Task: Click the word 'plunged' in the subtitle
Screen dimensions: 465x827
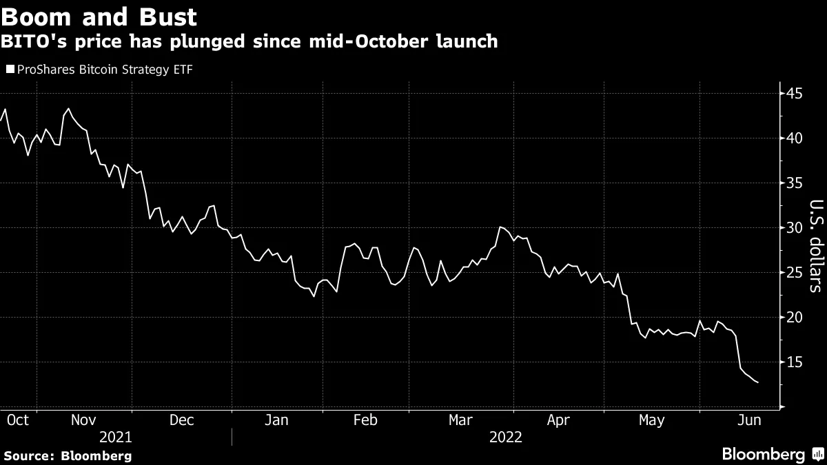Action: [x=210, y=41]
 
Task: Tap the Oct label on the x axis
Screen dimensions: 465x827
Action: [x=17, y=420]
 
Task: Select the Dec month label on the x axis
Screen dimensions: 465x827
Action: [x=182, y=420]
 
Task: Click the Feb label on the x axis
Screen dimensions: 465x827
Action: [x=365, y=420]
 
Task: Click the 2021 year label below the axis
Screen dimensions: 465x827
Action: [x=116, y=437]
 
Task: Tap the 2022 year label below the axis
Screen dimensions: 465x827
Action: [x=505, y=437]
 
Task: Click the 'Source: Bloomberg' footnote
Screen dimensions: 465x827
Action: [x=68, y=455]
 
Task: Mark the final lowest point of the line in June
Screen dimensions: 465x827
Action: [x=758, y=382]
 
